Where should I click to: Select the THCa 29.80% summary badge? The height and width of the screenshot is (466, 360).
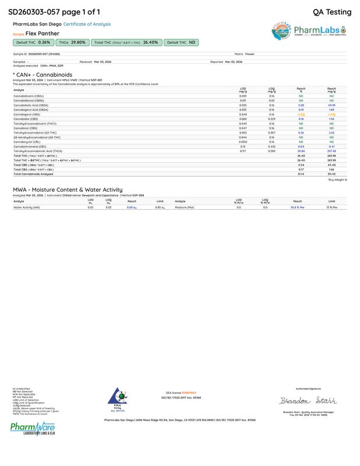pos(72,43)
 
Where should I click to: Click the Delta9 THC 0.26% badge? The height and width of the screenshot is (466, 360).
pos(33,43)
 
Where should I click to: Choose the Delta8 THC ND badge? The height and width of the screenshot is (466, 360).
pos(181,43)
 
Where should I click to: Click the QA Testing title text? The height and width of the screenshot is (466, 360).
pos(332,12)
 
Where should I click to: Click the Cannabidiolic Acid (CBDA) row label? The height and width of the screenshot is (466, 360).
pos(35,105)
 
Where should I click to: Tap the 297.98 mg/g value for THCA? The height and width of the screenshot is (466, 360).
pos(331,151)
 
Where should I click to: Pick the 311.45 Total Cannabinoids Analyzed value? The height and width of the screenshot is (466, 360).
pos(331,174)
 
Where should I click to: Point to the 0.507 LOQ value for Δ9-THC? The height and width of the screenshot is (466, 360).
pos(271,133)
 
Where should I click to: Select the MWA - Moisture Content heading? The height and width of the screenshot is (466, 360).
pos(68,189)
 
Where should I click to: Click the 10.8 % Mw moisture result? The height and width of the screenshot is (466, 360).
pos(298,207)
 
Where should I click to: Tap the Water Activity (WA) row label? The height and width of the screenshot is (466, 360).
pos(27,207)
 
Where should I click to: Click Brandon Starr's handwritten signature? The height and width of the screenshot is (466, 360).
pos(301,401)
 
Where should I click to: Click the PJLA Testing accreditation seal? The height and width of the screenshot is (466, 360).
pos(116,397)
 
